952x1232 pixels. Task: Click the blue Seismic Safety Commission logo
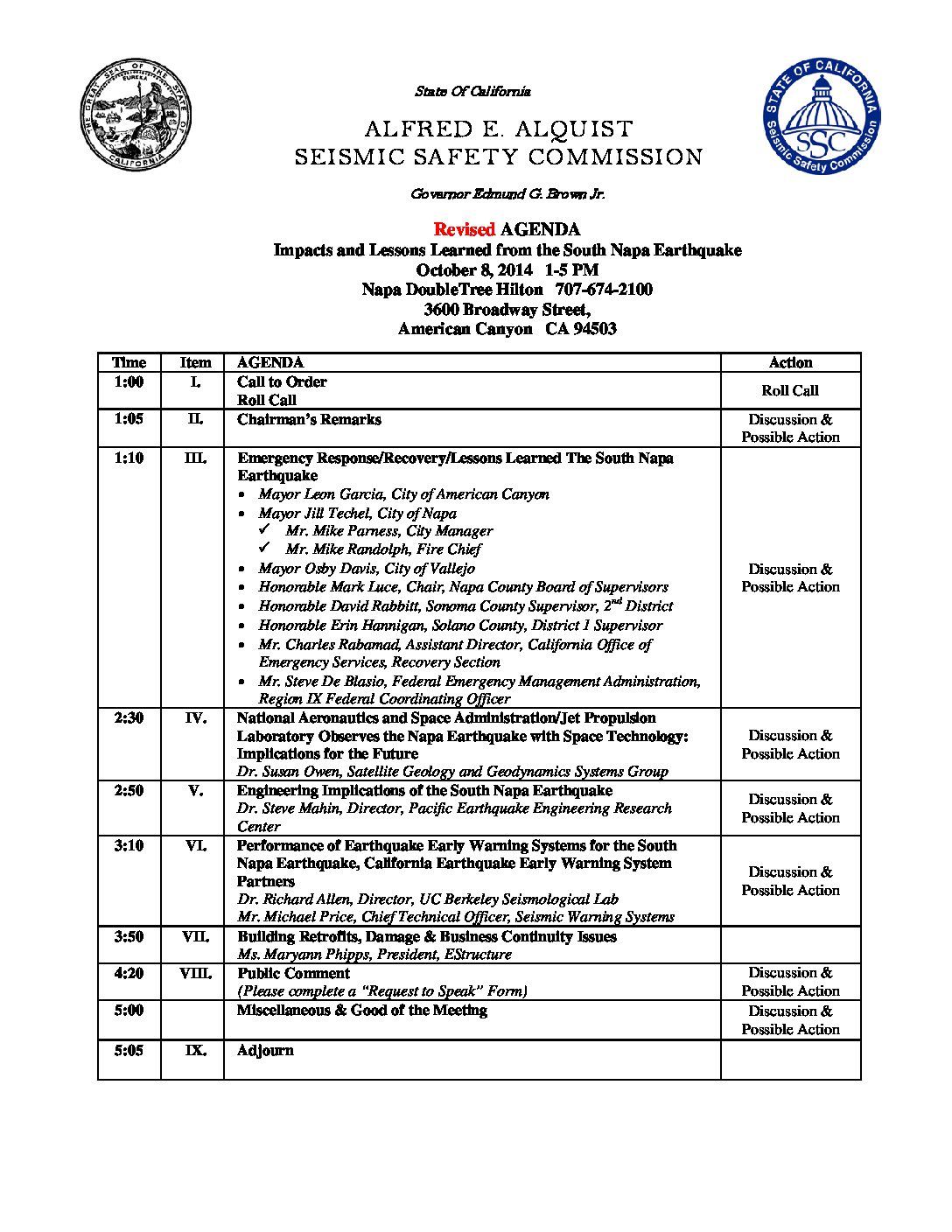[822, 116]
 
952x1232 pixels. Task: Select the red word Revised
[465, 229]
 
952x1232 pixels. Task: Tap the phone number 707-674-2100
[604, 290]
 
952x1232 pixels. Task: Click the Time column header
[129, 362]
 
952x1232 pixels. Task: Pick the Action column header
[790, 362]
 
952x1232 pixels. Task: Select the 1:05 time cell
[129, 419]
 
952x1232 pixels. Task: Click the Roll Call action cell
[790, 391]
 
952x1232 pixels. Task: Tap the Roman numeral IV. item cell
[195, 718]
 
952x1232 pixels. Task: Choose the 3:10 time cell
[129, 845]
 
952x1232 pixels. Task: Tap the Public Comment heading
[293, 973]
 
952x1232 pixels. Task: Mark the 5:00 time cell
[129, 1011]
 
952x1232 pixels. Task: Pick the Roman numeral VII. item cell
[195, 936]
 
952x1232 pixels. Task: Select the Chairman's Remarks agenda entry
[309, 419]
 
